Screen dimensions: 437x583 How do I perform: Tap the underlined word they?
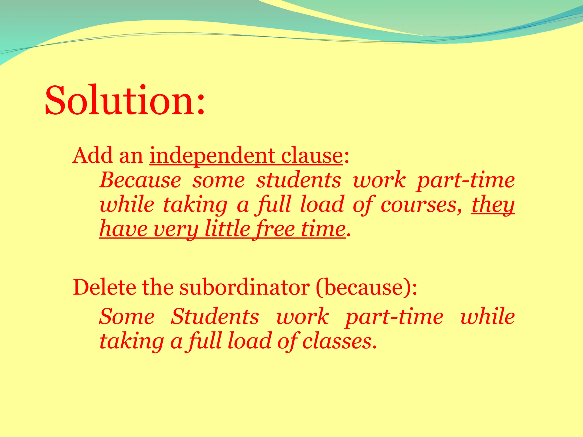click(x=493, y=204)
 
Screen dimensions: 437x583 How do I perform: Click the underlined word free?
click(x=273, y=229)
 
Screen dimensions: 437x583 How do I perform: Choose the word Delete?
click(x=104, y=287)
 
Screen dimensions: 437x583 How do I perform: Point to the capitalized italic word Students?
click(x=215, y=316)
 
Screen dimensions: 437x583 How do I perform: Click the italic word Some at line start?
click(x=127, y=316)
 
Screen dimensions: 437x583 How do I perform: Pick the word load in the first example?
click(x=322, y=204)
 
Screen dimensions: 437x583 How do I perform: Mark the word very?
click(x=175, y=229)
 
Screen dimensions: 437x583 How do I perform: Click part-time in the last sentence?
click(x=394, y=316)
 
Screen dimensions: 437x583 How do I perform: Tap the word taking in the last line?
click(x=132, y=341)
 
